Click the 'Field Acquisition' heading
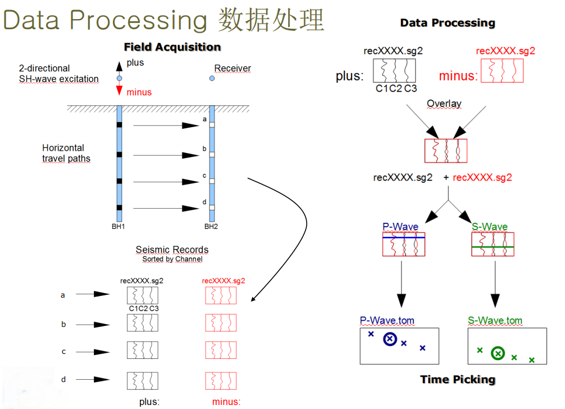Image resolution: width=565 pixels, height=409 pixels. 172,47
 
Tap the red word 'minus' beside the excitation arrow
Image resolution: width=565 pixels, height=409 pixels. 139,92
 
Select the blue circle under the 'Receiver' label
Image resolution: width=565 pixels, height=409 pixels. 212,78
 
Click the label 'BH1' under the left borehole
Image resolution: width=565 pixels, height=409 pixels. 118,227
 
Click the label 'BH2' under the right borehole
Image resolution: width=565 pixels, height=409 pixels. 211,227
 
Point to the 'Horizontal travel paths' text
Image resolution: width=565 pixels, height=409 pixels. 66,153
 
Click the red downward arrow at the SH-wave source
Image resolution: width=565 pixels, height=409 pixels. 119,91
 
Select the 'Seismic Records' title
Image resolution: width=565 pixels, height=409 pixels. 172,250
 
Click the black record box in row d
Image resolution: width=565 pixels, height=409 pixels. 143,380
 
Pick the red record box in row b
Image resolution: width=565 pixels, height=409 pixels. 221,323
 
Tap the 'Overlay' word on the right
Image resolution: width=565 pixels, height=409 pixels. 444,104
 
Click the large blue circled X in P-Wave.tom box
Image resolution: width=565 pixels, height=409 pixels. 390,339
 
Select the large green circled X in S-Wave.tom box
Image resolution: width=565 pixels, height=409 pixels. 497,353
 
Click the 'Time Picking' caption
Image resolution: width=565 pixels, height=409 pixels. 458,380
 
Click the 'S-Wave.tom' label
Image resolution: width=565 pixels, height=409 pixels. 495,321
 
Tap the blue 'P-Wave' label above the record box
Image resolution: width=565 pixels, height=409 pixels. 400,227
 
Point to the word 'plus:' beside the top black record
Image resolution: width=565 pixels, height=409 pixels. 350,76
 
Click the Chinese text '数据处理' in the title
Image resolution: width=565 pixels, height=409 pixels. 272,20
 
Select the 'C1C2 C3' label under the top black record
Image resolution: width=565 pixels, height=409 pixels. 397,88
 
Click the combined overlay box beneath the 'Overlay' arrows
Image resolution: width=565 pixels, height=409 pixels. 445,151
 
